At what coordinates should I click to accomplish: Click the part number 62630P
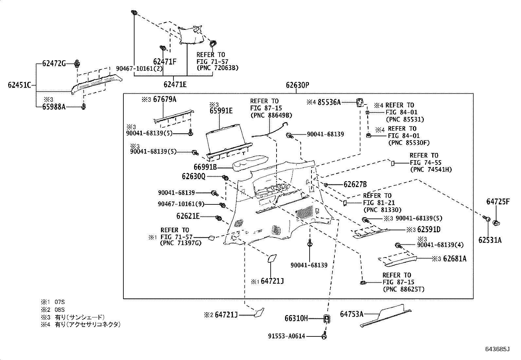tap(297, 85)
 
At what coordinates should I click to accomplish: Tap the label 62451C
tap(19, 85)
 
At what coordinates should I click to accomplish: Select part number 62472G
tap(54, 63)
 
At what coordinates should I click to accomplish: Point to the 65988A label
tap(54, 106)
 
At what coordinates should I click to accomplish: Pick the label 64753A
tap(351, 314)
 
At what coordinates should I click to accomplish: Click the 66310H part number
tap(296, 318)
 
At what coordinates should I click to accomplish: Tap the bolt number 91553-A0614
tap(287, 336)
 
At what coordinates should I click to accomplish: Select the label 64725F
tap(498, 202)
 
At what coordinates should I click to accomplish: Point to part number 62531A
tap(490, 240)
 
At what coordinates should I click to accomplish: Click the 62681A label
tap(455, 259)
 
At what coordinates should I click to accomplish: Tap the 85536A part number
tap(329, 102)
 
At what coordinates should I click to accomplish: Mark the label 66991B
tap(205, 167)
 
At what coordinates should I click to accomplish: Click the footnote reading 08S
tap(60, 310)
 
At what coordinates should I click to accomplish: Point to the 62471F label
tap(165, 61)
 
